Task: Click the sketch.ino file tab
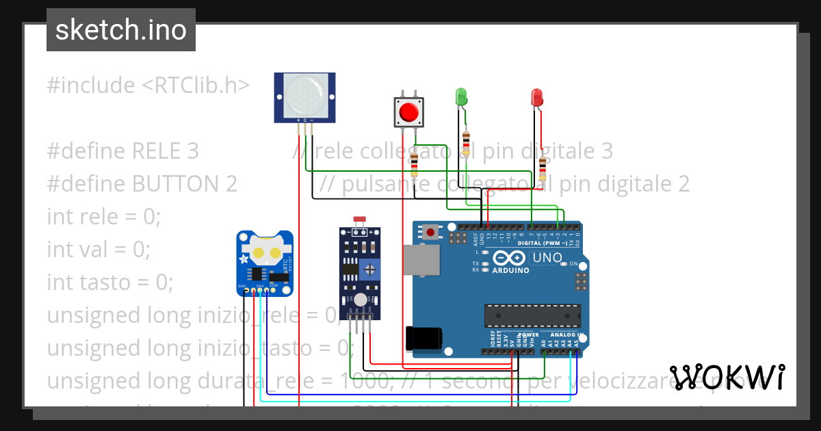pyautogui.click(x=121, y=30)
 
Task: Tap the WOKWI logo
pyautogui.click(x=727, y=378)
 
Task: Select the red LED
pyautogui.click(x=537, y=97)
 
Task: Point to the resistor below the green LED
pyautogui.click(x=467, y=143)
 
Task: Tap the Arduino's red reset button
pyautogui.click(x=430, y=233)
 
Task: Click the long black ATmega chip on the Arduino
pyautogui.click(x=527, y=315)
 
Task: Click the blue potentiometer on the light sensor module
pyautogui.click(x=370, y=269)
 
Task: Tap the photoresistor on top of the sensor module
pyautogui.click(x=359, y=221)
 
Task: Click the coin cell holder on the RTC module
pyautogui.click(x=266, y=252)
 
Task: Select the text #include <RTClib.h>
pyautogui.click(x=148, y=86)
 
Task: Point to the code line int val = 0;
pyautogui.click(x=98, y=249)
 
